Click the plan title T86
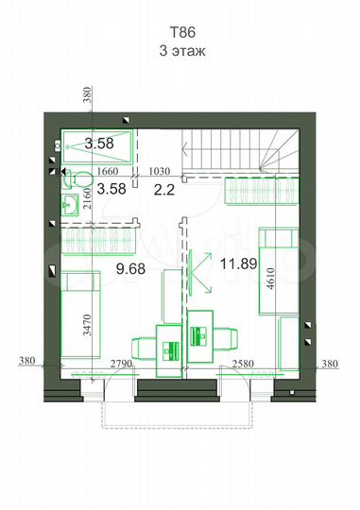coord(182,32)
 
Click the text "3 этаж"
coord(182,51)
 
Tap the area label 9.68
coord(130,269)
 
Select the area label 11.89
coord(239,263)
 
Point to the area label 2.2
coord(164,190)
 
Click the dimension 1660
coord(108,171)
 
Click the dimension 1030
coord(160,171)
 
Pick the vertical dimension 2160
coord(88,198)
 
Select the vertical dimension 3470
coord(88,325)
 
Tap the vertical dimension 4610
coord(270,279)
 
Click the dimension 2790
coord(121,364)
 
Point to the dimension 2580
coord(243,364)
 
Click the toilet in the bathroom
coord(78,179)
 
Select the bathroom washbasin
coord(70,205)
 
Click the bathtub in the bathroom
coord(97,146)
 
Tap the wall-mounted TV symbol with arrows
coord(200,272)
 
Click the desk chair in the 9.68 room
coord(144,349)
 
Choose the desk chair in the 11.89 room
coord(226,339)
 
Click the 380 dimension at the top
coord(88,95)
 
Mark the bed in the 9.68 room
coord(80,314)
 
